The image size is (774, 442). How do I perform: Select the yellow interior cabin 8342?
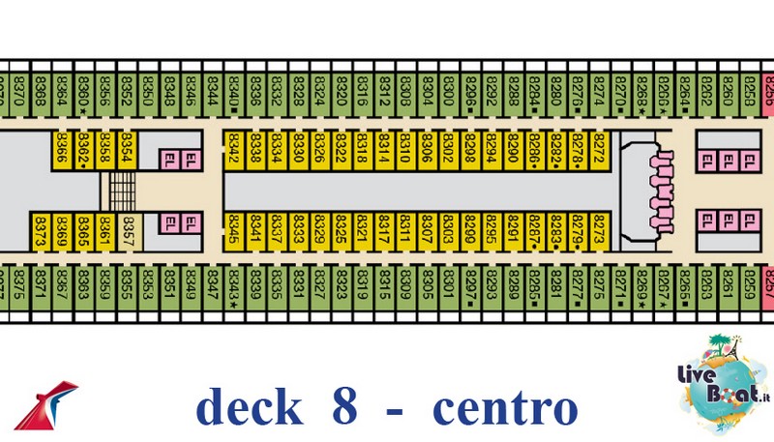(x=234, y=149)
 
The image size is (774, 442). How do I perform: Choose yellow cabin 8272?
(x=600, y=149)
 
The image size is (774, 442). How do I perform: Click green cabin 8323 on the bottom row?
(x=342, y=286)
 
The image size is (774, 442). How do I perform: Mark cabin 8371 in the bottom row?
(x=40, y=286)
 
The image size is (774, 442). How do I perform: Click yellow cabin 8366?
(x=62, y=149)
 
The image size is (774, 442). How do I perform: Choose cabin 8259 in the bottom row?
(x=749, y=286)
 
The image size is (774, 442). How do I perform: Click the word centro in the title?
(x=504, y=407)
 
